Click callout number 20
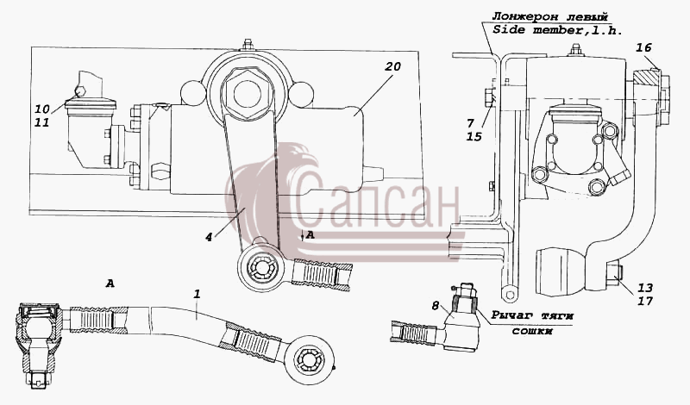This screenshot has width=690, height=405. [x=392, y=66]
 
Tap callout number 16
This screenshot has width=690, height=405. [x=643, y=47]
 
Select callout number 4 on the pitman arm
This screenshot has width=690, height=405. [x=209, y=237]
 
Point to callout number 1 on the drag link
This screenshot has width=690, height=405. [x=197, y=294]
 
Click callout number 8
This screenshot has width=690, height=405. [x=436, y=306]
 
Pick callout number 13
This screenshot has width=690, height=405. [x=645, y=288]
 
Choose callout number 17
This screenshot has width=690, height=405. [x=645, y=302]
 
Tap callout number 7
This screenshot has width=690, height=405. [x=470, y=122]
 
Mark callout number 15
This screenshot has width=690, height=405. [x=474, y=137]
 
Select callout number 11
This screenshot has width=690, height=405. [x=42, y=121]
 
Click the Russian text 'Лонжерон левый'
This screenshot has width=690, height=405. [x=550, y=16]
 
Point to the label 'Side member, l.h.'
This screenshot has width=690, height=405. [x=557, y=30]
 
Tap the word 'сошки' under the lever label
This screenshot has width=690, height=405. [x=531, y=330]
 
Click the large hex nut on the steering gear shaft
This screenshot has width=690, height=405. [x=247, y=93]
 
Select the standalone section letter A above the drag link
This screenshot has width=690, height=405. [x=110, y=284]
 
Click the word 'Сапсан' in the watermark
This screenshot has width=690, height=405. [x=375, y=203]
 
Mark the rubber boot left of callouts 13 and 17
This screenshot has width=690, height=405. [x=561, y=271]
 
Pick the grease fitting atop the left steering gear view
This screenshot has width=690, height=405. [x=248, y=45]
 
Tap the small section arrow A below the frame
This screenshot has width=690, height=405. [x=308, y=236]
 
